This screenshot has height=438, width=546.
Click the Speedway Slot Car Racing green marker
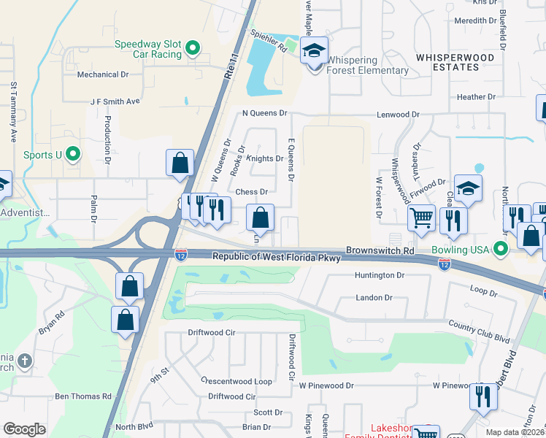coord(193,49)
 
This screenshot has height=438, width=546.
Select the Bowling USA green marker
coord(500,250)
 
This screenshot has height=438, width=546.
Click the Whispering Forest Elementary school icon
coord(315,52)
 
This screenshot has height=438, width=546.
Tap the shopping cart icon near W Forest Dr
coord(421,218)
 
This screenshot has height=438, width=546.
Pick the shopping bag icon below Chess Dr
coord(260,218)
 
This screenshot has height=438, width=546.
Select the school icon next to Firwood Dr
coord(467,189)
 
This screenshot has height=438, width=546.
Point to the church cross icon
coord(24,361)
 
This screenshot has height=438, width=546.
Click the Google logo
coord(24,429)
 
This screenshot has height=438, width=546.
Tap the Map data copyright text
coord(515,432)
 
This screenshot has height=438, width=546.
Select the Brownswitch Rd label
coord(380,250)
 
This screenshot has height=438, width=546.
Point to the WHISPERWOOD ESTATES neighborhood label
coord(455,62)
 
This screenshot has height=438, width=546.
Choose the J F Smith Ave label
coord(115,102)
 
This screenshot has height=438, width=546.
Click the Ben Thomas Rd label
coord(83,396)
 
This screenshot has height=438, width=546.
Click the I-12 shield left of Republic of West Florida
coord(181,255)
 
